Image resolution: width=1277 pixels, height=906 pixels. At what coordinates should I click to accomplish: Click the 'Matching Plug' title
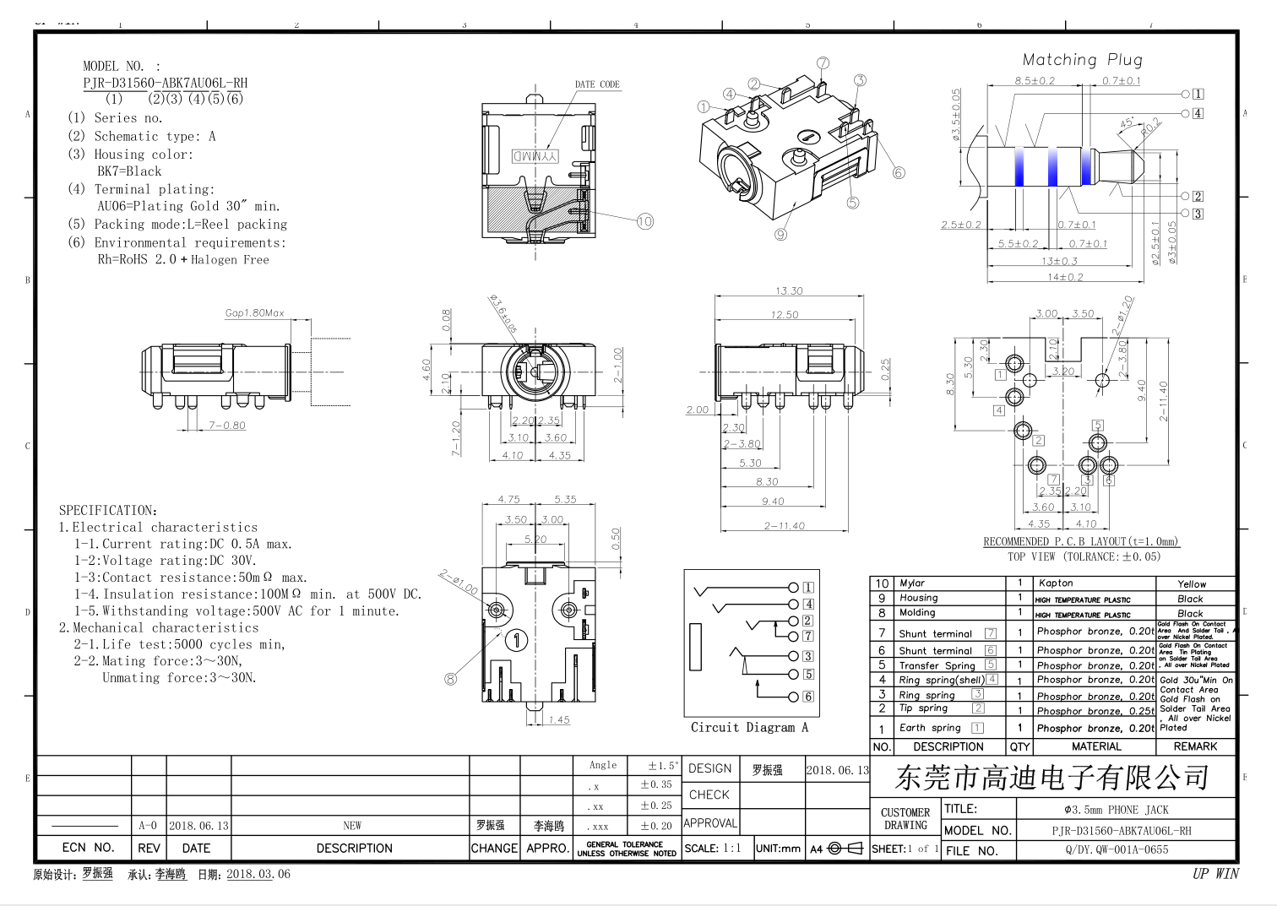[x=1082, y=60]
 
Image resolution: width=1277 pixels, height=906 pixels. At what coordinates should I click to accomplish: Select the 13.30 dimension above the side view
[x=789, y=290]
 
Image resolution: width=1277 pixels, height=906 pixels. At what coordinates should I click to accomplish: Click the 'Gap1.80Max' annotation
[x=254, y=313]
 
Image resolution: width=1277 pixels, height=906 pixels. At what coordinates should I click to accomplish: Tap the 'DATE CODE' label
[x=597, y=84]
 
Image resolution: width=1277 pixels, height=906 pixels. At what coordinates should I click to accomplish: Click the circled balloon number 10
[x=645, y=221]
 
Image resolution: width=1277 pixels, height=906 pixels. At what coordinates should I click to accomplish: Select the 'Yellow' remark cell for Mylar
[x=1192, y=584]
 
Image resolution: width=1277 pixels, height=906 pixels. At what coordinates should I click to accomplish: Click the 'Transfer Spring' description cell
[x=937, y=665]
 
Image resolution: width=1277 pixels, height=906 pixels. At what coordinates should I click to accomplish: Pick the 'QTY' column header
[x=1019, y=746]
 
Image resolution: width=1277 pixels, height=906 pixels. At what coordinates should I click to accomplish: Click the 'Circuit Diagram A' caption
[x=749, y=727]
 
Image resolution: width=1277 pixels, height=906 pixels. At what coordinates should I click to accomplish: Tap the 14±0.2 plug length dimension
[x=1065, y=277]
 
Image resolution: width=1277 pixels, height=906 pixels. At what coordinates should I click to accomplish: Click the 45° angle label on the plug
[x=1128, y=123]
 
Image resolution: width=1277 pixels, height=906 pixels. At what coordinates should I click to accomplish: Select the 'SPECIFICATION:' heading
[x=108, y=510]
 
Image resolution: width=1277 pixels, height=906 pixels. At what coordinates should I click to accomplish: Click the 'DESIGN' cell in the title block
[x=709, y=768]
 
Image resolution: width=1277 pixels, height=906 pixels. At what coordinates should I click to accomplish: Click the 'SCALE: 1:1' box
[x=713, y=849]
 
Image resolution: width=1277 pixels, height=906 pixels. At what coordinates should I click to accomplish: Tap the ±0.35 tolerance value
[x=656, y=784]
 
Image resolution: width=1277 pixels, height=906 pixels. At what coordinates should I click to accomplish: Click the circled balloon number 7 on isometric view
[x=823, y=63]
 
